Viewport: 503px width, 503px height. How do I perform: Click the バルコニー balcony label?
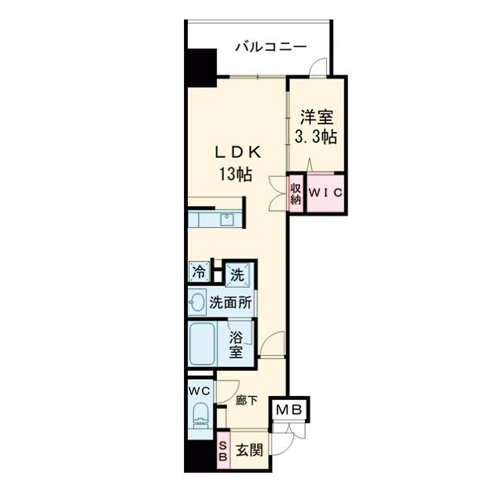[272, 47]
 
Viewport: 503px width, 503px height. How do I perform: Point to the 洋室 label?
[317, 118]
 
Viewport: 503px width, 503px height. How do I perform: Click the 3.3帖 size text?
[317, 137]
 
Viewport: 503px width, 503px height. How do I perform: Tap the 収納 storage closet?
[296, 193]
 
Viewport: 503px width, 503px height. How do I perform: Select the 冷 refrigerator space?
[198, 273]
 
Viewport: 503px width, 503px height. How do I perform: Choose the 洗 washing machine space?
[237, 274]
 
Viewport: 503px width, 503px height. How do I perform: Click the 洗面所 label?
[230, 302]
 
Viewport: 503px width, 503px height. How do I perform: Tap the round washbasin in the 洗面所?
[196, 302]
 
